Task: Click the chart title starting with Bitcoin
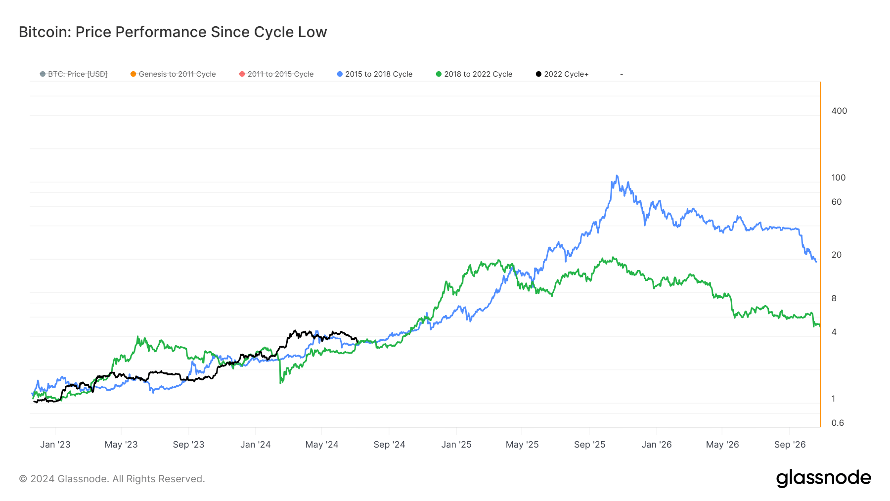[173, 32]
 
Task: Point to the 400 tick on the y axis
[839, 111]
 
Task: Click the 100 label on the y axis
[838, 178]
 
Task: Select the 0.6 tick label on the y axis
[837, 423]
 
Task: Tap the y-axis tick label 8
[834, 298]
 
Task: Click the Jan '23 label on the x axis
[55, 445]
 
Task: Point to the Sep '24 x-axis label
[389, 445]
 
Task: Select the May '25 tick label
[522, 445]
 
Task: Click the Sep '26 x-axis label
[790, 445]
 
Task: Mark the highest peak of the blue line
[617, 176]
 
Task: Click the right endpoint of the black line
[357, 341]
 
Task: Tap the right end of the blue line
[816, 262]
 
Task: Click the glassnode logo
[823, 478]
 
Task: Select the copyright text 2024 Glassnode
[112, 479]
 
